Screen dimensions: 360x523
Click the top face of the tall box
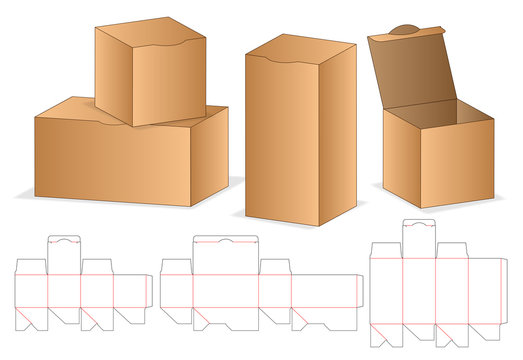(300, 45)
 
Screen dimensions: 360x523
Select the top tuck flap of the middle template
(225, 248)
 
